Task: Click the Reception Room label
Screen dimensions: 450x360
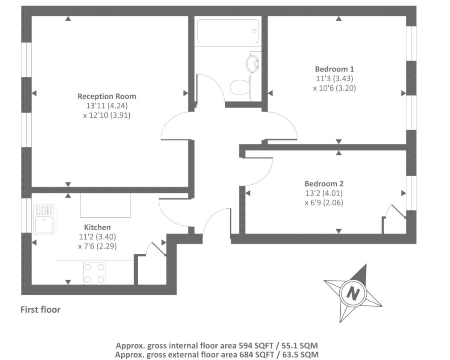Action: coord(107,96)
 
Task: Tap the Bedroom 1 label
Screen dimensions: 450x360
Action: coord(334,69)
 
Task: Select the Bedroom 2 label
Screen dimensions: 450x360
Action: coord(324,184)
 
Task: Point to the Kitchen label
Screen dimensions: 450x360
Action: coord(97,228)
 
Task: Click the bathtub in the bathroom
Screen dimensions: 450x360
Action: coord(228,31)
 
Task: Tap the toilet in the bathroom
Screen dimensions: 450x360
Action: coord(240,87)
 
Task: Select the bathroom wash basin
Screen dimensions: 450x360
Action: coord(252,63)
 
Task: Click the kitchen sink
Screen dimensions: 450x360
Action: coord(44,219)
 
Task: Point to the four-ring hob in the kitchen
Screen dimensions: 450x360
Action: coord(95,273)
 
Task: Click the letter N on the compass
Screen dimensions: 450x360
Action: coord(353,294)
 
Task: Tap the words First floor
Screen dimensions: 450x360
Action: coord(41,310)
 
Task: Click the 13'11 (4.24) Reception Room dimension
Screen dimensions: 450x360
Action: coord(107,106)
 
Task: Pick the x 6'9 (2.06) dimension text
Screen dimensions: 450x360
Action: coord(324,203)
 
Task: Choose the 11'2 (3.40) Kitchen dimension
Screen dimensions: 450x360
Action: coord(97,237)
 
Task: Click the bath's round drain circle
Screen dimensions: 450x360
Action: coord(254,31)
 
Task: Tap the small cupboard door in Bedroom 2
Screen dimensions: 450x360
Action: coord(396,211)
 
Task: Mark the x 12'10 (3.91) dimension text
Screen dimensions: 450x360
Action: coord(107,115)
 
